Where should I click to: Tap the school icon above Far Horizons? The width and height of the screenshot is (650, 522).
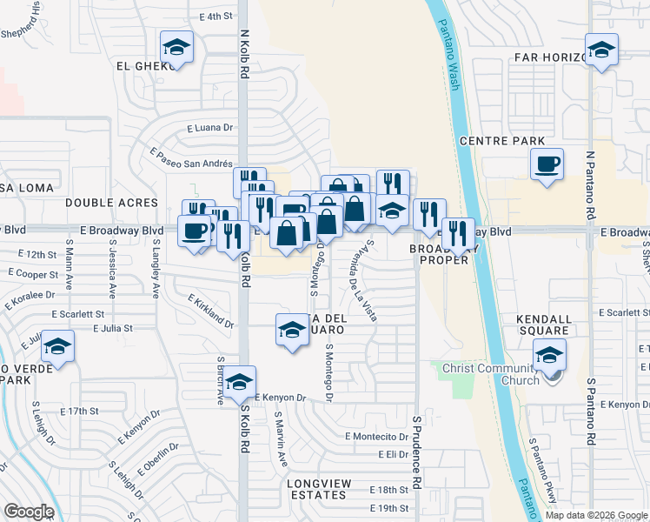(x=601, y=50)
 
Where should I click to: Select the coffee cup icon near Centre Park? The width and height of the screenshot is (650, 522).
(x=547, y=164)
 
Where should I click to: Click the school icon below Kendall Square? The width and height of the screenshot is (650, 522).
(x=548, y=355)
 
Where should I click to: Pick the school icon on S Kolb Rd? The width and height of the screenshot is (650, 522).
(x=241, y=381)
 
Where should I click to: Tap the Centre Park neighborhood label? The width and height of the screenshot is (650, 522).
(x=502, y=141)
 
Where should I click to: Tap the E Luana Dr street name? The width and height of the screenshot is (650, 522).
(x=212, y=127)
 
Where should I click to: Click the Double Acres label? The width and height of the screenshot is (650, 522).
(x=112, y=203)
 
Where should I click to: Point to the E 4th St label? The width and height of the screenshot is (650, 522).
(x=216, y=17)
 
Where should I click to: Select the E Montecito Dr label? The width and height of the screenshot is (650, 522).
(x=376, y=436)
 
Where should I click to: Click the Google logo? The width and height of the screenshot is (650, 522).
(x=29, y=512)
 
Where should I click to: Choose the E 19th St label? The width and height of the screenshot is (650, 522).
(x=388, y=508)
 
